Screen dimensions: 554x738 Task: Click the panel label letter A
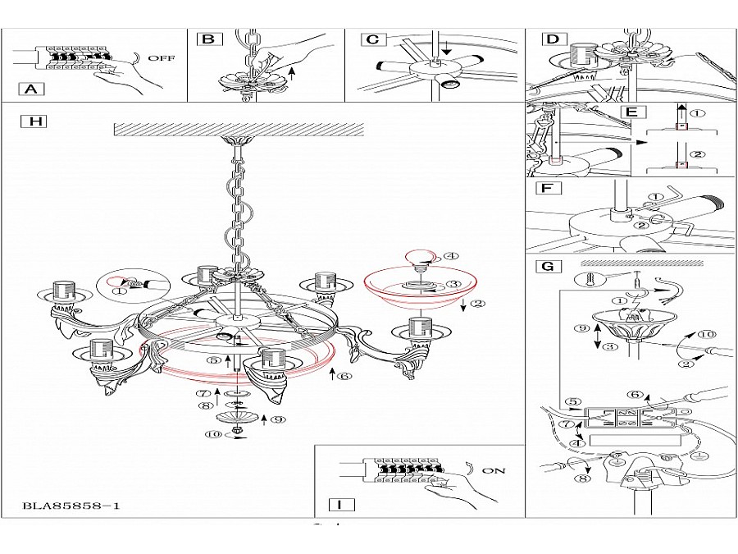coord(31,89)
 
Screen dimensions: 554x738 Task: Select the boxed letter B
coord(208,39)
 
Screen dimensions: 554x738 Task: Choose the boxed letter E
coord(631,112)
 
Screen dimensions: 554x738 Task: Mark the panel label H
coord(34,121)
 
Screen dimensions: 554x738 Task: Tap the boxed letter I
coord(339,505)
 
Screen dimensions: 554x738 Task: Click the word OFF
coord(161,59)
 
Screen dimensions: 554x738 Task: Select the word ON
coord(494,471)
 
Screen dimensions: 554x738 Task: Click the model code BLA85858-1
coord(72,506)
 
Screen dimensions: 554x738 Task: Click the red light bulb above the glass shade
coord(421,257)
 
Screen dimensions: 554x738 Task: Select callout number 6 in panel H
coord(345,376)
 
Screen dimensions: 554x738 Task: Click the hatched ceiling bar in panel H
coord(237,129)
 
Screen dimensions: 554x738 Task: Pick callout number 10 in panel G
coord(707,335)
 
